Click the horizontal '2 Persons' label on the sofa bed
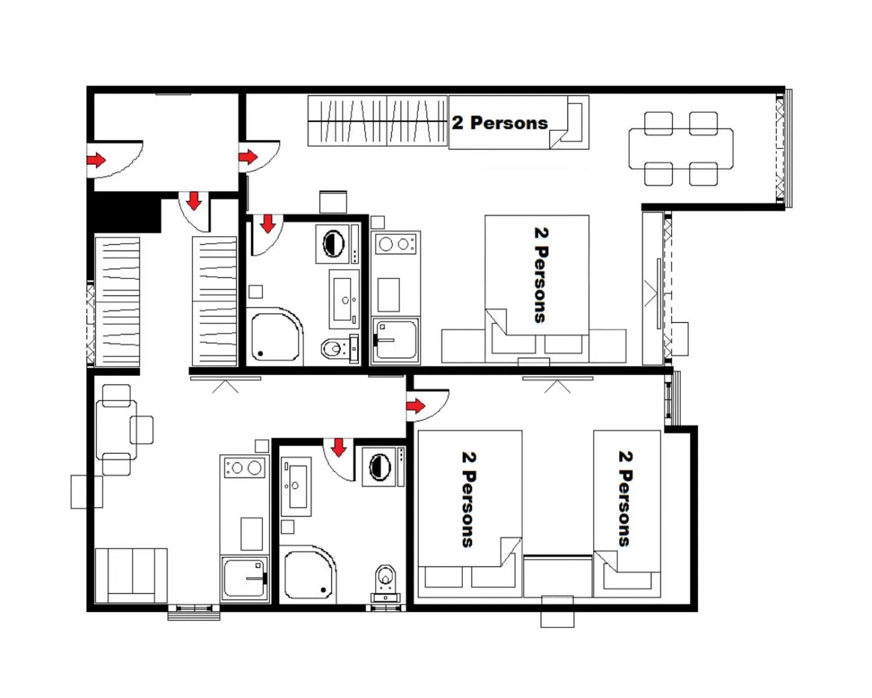[500, 123]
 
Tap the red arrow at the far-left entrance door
[96, 160]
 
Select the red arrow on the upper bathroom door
[268, 223]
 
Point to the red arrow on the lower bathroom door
[338, 447]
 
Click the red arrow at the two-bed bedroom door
[415, 406]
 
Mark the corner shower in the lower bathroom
[308, 575]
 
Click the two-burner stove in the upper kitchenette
[395, 244]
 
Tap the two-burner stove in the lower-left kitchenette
[245, 467]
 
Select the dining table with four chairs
[681, 148]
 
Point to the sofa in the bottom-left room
[131, 576]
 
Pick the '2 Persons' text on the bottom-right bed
[625, 499]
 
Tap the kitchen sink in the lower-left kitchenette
[245, 579]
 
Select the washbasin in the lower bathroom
[296, 485]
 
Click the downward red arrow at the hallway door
[194, 201]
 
